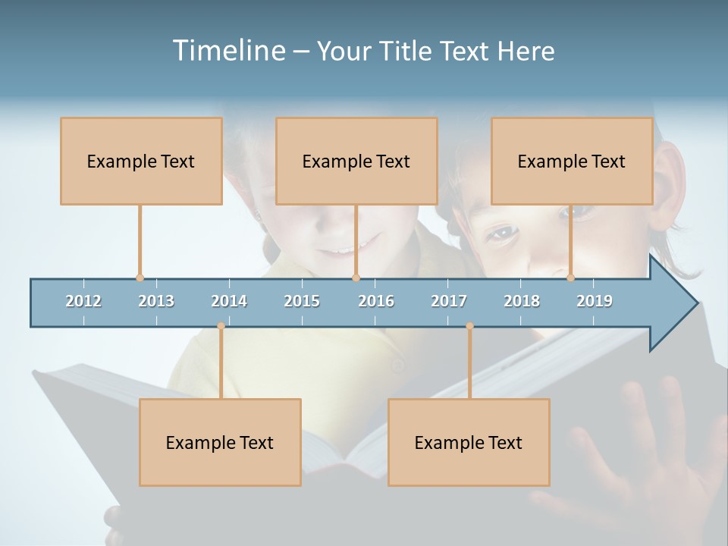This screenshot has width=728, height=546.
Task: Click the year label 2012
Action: coord(83,301)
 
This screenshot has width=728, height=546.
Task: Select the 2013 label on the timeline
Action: coord(156,301)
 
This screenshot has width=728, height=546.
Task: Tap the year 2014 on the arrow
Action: coord(229,301)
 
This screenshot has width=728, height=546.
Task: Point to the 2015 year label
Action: coord(302,301)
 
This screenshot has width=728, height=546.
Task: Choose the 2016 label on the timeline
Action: coord(376,301)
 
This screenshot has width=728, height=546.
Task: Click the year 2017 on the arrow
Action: coord(449,301)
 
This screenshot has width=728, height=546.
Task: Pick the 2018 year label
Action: coord(522,301)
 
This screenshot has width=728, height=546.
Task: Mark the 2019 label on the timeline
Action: coord(595,301)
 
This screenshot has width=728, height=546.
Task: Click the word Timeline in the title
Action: coord(228,51)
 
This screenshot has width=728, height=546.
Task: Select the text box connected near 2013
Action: coord(141,161)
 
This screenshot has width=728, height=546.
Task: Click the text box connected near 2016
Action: coord(356,161)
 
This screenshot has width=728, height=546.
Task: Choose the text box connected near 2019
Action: coord(572,161)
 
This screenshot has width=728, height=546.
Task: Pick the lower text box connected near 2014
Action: coord(220,442)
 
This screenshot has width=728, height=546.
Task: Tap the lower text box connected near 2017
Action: coord(469,442)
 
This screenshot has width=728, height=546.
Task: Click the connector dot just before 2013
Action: coord(140,278)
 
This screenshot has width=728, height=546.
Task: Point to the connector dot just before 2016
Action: coord(356,278)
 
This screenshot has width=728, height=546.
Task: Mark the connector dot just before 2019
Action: coord(571,278)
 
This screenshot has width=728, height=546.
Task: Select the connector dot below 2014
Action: coord(221,326)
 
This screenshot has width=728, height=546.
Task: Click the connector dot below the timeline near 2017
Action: coord(469,326)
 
